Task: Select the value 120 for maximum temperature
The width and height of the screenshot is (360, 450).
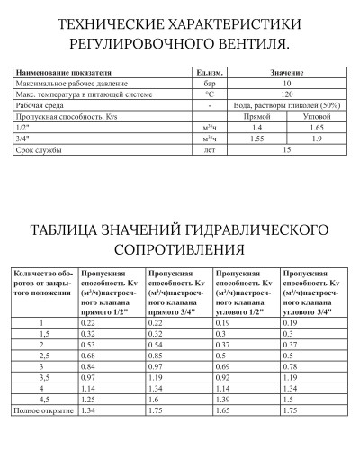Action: (x=286, y=93)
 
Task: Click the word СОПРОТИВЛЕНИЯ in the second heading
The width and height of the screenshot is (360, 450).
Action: (x=179, y=246)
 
